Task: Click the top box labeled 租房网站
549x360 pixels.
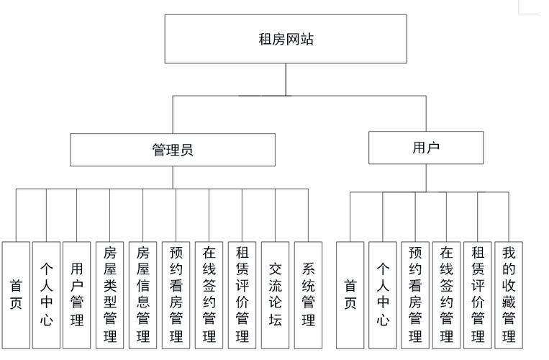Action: (x=286, y=39)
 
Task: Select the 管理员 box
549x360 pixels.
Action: (x=173, y=150)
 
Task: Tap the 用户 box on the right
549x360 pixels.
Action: (x=426, y=148)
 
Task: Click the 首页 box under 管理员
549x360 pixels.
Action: (x=16, y=294)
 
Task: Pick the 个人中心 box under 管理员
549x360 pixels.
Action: (x=46, y=294)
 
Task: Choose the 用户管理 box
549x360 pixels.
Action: (x=77, y=294)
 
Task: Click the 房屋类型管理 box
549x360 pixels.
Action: (x=110, y=294)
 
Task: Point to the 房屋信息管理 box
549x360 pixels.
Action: (x=142, y=294)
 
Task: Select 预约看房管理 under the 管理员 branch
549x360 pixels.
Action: (x=176, y=294)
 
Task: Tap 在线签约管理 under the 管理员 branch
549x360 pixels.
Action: (x=209, y=294)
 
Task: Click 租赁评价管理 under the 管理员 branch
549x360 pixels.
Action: (x=242, y=294)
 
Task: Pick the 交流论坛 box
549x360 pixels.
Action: (x=275, y=294)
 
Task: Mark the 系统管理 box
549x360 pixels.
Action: (x=308, y=294)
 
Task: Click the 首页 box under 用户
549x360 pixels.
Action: (x=350, y=294)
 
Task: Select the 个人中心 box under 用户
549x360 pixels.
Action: (x=383, y=294)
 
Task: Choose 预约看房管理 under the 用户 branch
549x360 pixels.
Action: (x=414, y=294)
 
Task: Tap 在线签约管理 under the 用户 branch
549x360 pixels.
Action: (x=446, y=294)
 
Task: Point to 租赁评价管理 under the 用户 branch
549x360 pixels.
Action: (x=478, y=294)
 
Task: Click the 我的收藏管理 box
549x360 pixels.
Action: (x=509, y=294)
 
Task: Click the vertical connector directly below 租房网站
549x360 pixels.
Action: (x=286, y=79)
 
